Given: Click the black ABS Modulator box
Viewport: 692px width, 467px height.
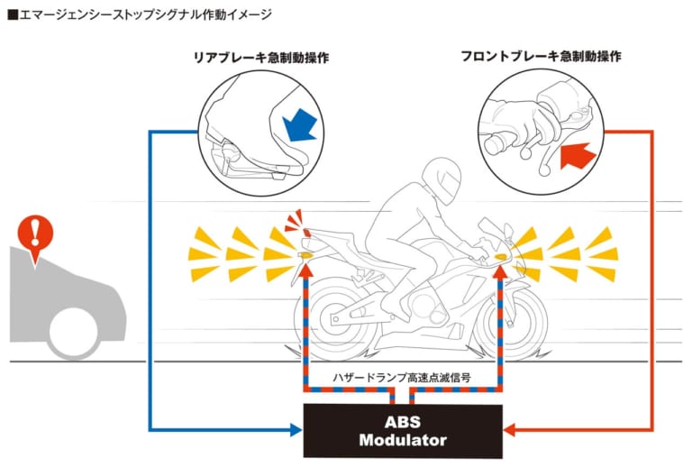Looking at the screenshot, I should tap(403, 430).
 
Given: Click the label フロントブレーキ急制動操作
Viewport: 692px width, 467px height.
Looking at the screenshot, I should tap(540, 56).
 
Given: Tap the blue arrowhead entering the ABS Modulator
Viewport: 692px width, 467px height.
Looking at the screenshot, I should tap(296, 431).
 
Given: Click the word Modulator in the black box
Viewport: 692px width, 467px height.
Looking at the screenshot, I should tap(403, 441).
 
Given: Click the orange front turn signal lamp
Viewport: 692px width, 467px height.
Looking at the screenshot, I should tap(501, 258).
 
